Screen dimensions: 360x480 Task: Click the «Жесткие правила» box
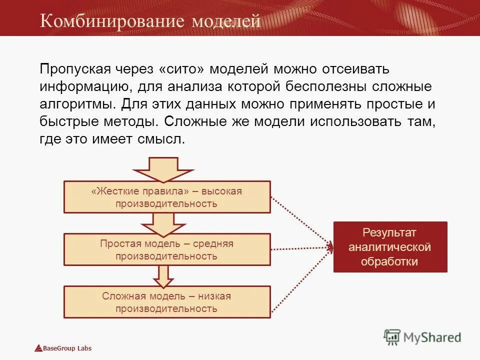pos(167,197)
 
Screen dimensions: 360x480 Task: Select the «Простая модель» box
pos(167,249)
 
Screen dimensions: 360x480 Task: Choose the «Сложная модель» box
pos(167,302)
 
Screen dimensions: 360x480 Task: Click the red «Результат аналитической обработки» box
pos(390,247)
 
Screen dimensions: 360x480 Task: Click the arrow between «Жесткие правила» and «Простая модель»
pos(163,223)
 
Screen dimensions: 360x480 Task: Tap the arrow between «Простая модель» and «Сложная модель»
pos(163,276)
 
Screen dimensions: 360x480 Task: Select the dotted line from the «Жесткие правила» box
pos(300,220)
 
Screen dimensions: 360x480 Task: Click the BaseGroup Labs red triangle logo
pos(38,348)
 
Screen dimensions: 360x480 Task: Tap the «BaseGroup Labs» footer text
pos(67,348)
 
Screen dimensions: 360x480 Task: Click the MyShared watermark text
pos(432,337)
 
